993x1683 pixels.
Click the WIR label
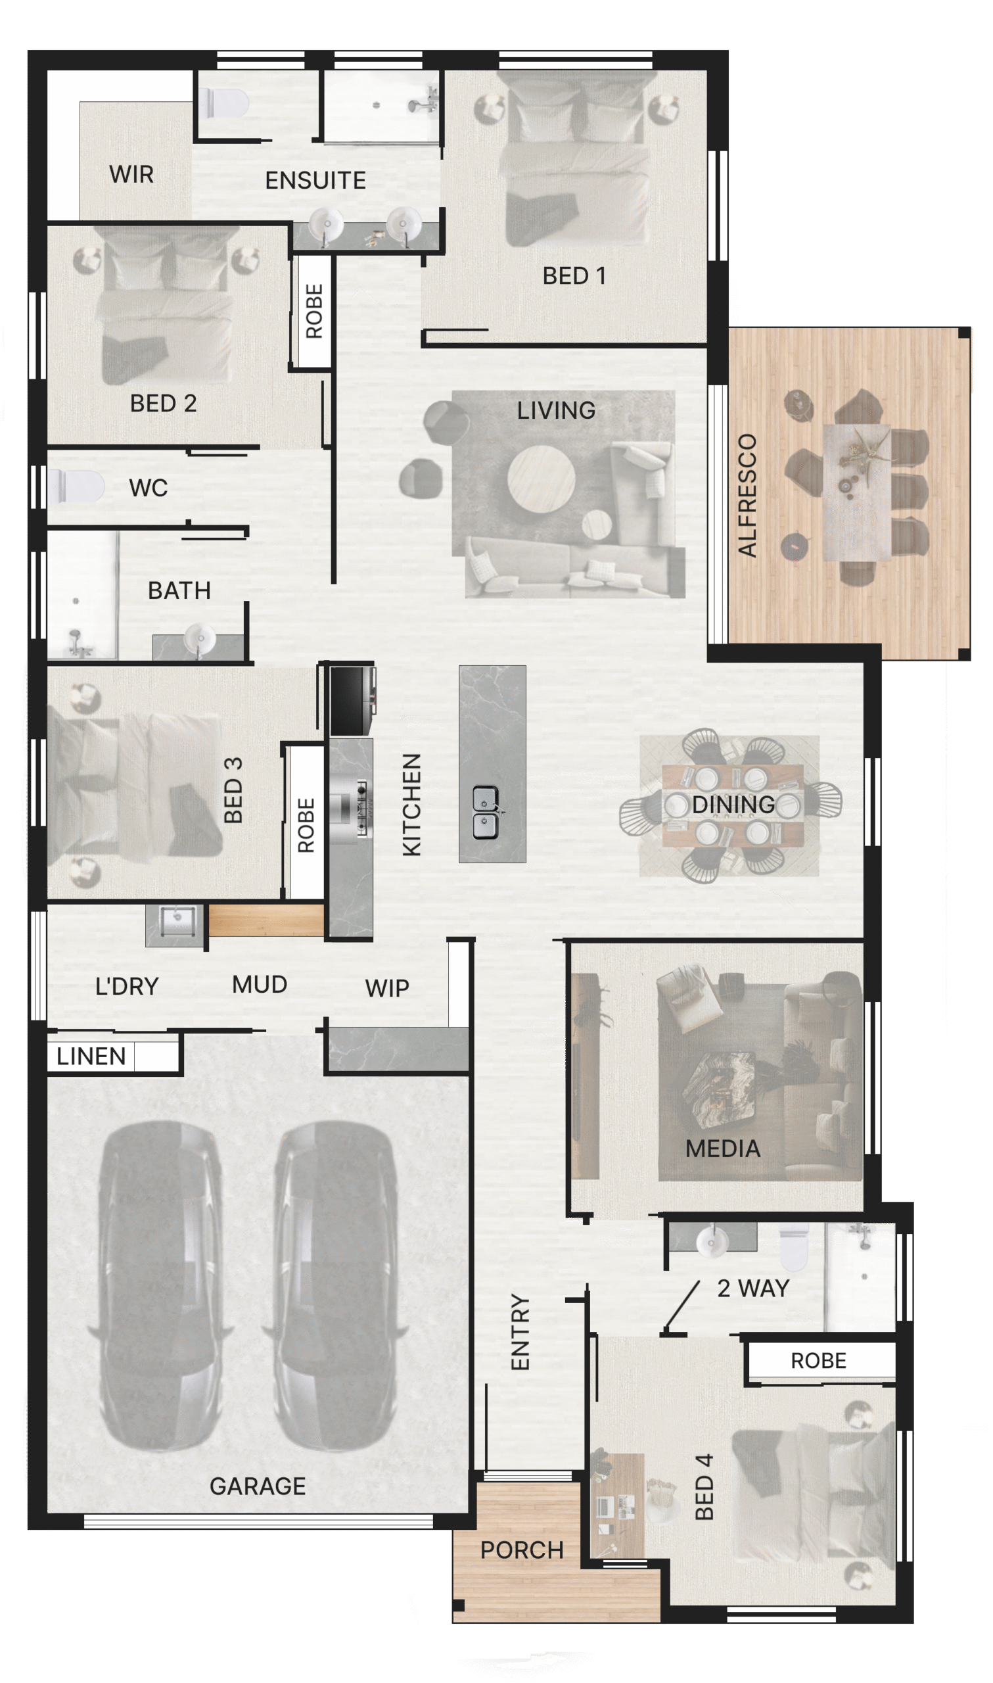131,175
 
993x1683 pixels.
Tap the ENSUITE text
315,181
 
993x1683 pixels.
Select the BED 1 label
574,275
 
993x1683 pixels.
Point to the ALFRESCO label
747,495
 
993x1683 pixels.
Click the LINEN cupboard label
91,1056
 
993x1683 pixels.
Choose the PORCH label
522,1550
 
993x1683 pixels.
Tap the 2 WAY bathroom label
752,1288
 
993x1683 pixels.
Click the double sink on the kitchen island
485,813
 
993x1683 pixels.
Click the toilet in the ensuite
223,104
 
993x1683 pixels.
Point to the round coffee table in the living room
541,479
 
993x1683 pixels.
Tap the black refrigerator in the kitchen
353,701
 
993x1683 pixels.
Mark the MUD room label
260,984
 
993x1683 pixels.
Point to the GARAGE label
258,1486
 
